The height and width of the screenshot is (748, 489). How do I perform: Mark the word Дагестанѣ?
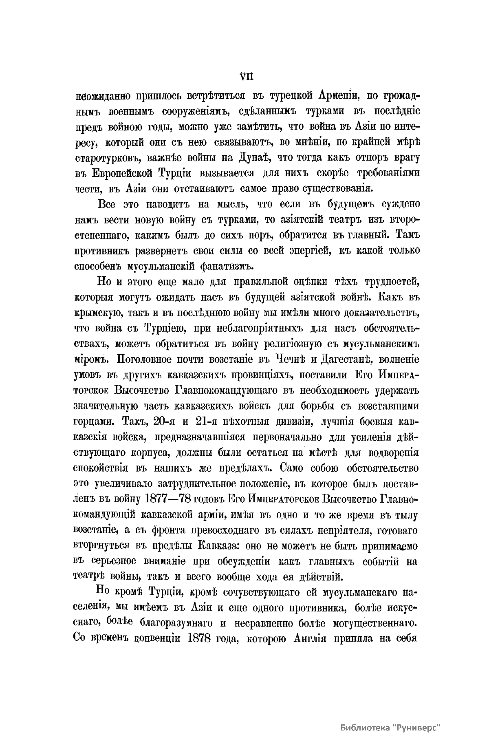(347, 360)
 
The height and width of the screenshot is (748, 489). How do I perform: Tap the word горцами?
(95, 421)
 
